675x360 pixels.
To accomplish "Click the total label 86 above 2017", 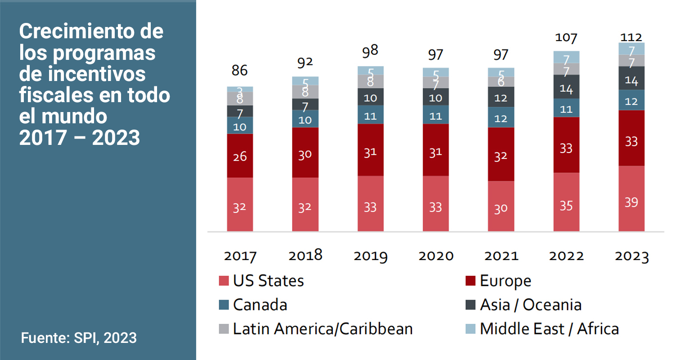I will pyautogui.click(x=240, y=71).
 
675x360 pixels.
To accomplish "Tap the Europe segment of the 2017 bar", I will pyautogui.click(x=240, y=156).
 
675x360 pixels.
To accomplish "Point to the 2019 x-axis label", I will pyautogui.click(x=370, y=256).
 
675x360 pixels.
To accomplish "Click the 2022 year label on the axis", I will pyautogui.click(x=566, y=256).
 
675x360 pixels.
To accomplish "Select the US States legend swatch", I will pyautogui.click(x=224, y=281).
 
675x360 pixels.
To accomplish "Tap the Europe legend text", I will pyautogui.click(x=505, y=281).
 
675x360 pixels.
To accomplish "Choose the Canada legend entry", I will pyautogui.click(x=260, y=305).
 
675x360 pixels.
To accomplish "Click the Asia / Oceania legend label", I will pyautogui.click(x=531, y=305).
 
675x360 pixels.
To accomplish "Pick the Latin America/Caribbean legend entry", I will pyautogui.click(x=322, y=328).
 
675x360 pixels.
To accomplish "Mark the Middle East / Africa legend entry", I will pyautogui.click(x=549, y=328).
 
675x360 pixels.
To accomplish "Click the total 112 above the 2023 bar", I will pyautogui.click(x=631, y=37).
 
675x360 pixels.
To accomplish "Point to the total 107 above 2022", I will pyautogui.click(x=566, y=38).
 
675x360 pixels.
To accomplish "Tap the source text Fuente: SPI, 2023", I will pyautogui.click(x=79, y=337).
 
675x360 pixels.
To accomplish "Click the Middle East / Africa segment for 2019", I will pyautogui.click(x=370, y=70).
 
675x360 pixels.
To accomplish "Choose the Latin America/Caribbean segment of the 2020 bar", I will pyautogui.click(x=436, y=83).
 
